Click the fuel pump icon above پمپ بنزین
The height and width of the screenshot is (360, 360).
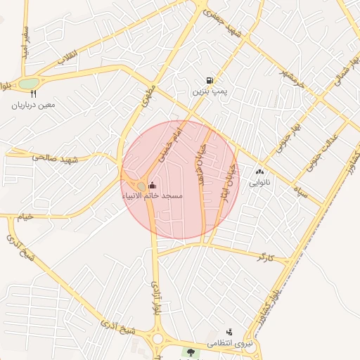tap(210, 80)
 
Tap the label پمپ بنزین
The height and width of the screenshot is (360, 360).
tap(210, 92)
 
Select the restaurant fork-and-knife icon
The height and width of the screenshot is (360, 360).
tap(32, 94)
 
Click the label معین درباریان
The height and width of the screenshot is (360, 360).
tap(32, 105)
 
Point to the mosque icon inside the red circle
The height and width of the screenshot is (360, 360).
tap(153, 185)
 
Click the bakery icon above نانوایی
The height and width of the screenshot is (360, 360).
tap(259, 170)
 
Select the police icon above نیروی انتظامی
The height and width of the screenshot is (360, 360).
tap(229, 332)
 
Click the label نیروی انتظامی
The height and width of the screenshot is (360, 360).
tap(229, 344)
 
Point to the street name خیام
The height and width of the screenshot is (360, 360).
tap(25, 217)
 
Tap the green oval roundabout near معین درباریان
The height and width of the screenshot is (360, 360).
tap(27, 84)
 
